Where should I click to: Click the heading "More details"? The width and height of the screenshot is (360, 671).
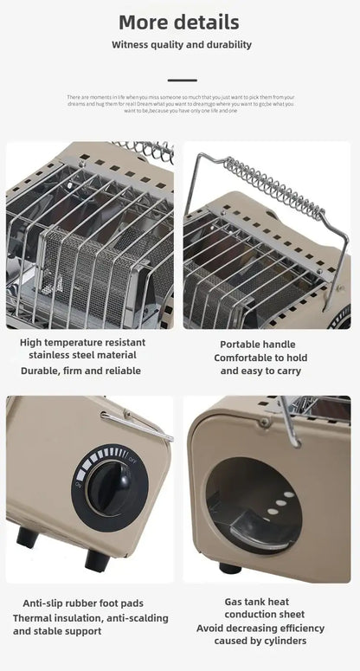(179, 22)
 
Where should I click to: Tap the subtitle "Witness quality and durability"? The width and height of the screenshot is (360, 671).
(181, 44)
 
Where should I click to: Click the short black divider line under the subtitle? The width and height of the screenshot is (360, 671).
(181, 80)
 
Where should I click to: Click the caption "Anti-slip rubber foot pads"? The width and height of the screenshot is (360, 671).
(83, 603)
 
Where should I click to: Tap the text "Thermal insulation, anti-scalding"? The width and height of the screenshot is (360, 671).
(90, 618)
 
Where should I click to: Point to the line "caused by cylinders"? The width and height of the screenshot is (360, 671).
(260, 641)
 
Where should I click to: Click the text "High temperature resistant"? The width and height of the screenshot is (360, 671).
(83, 342)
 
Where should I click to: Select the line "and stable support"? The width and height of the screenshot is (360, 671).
(59, 631)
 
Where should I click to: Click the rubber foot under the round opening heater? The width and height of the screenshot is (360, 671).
(231, 568)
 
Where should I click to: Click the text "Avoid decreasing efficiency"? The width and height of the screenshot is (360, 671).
(260, 628)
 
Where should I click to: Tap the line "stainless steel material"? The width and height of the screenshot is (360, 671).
(83, 355)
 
